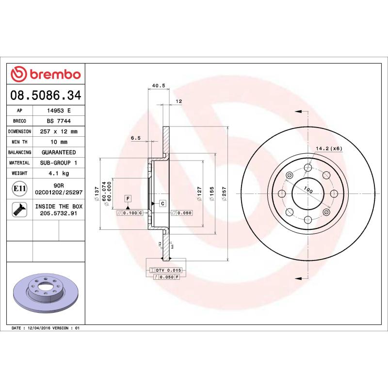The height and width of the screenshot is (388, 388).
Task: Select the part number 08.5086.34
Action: pos(46,95)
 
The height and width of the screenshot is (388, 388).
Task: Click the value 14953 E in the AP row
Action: pos(59,110)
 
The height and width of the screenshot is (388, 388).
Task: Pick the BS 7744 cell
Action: pos(59,121)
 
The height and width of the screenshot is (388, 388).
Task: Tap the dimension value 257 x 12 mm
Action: pos(59,131)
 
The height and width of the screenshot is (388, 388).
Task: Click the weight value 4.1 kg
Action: pos(59,173)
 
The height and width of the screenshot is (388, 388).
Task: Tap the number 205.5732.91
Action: pos(59,213)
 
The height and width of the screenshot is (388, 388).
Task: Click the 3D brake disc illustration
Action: pos(46,293)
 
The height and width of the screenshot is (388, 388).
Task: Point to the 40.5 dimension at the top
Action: pos(159,86)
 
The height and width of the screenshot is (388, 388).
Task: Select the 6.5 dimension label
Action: pos(136,138)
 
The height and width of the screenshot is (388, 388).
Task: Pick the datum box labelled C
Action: pos(162,203)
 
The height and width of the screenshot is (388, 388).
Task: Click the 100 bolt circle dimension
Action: pos(308,189)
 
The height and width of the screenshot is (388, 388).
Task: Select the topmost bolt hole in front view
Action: pos(308,168)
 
